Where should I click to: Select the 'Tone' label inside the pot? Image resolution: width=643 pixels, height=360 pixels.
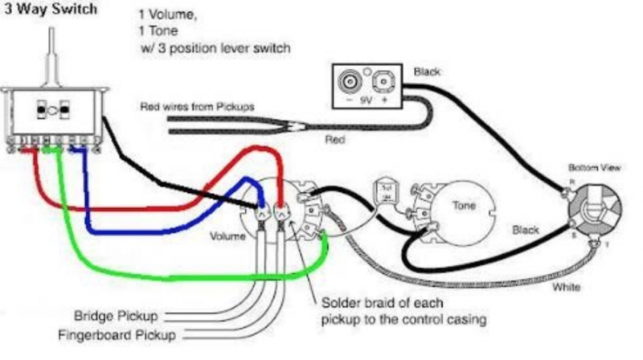point(464,206)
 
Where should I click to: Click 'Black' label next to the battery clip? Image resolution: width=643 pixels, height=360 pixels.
point(427,72)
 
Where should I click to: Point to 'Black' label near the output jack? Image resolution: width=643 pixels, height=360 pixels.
point(526,230)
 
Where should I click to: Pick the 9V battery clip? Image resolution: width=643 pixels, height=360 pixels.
point(366,85)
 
